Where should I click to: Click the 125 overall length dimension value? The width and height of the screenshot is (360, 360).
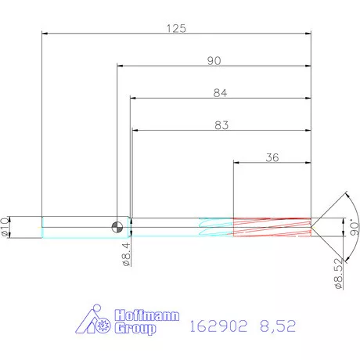coord(176,28)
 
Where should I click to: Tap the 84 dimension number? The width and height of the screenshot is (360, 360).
coord(220,93)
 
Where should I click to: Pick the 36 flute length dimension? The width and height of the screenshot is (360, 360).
coord(272,157)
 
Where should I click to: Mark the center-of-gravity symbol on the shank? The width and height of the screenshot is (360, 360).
coord(117,227)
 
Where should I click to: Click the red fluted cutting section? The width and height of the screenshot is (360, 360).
coord(271,227)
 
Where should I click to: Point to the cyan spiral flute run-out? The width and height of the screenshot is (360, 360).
coord(216,227)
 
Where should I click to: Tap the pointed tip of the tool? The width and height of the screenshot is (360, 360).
coord(315,227)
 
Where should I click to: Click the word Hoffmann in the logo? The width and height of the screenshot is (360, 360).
coord(146,315)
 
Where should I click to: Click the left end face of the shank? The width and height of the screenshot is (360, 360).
coord(41,227)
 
